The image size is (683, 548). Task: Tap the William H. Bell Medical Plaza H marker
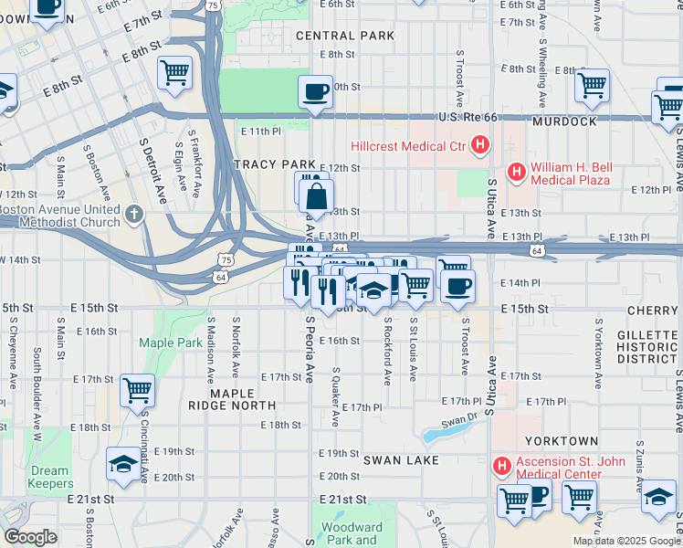(x=517, y=171)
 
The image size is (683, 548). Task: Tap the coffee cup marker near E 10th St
(x=315, y=92)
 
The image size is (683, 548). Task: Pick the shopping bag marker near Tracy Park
(x=316, y=196)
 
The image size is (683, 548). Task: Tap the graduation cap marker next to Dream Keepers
(x=123, y=464)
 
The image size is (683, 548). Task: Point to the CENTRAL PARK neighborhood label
(x=345, y=36)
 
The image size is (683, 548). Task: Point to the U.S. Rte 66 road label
(x=471, y=118)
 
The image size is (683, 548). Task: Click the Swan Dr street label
(x=459, y=423)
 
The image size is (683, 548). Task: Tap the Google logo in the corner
(x=30, y=537)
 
